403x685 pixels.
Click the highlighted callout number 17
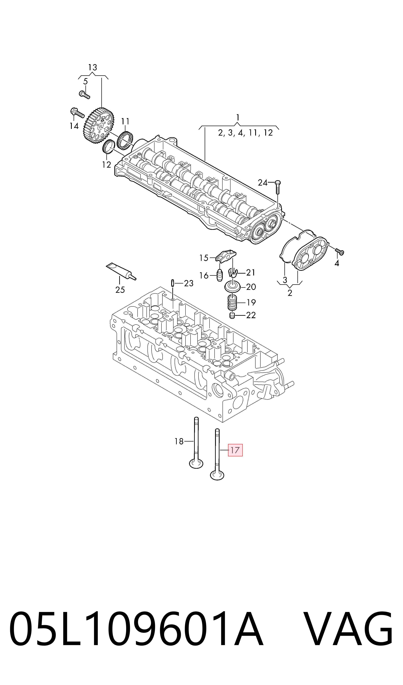(x=235, y=450)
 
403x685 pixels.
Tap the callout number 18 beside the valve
(x=179, y=441)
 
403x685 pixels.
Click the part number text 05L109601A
(x=136, y=630)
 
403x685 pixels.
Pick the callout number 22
(x=251, y=315)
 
